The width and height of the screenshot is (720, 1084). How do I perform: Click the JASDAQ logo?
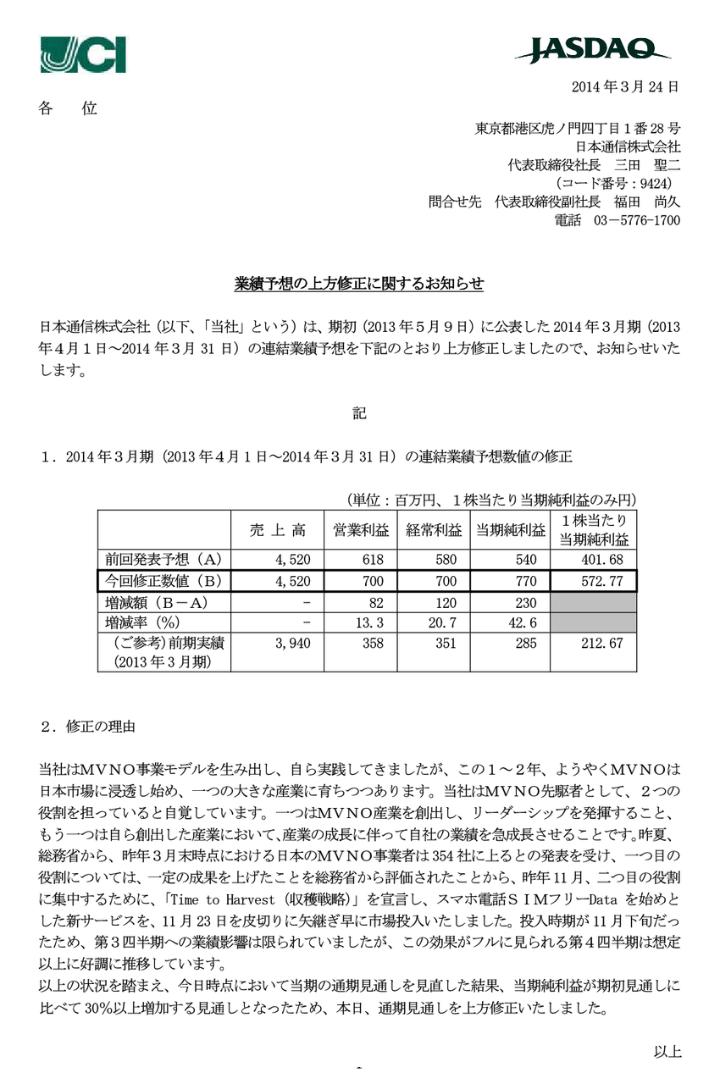(593, 50)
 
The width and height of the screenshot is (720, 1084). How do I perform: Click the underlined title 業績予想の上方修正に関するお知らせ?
(359, 284)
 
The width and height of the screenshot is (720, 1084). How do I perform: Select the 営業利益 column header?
(360, 530)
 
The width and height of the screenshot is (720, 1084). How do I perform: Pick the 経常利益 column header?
(433, 530)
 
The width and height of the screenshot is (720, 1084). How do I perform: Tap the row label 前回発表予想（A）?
(163, 559)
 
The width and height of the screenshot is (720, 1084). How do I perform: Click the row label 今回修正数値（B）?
(163, 581)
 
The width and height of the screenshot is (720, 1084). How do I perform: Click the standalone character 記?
(359, 414)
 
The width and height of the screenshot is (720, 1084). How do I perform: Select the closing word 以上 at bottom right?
(667, 1052)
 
